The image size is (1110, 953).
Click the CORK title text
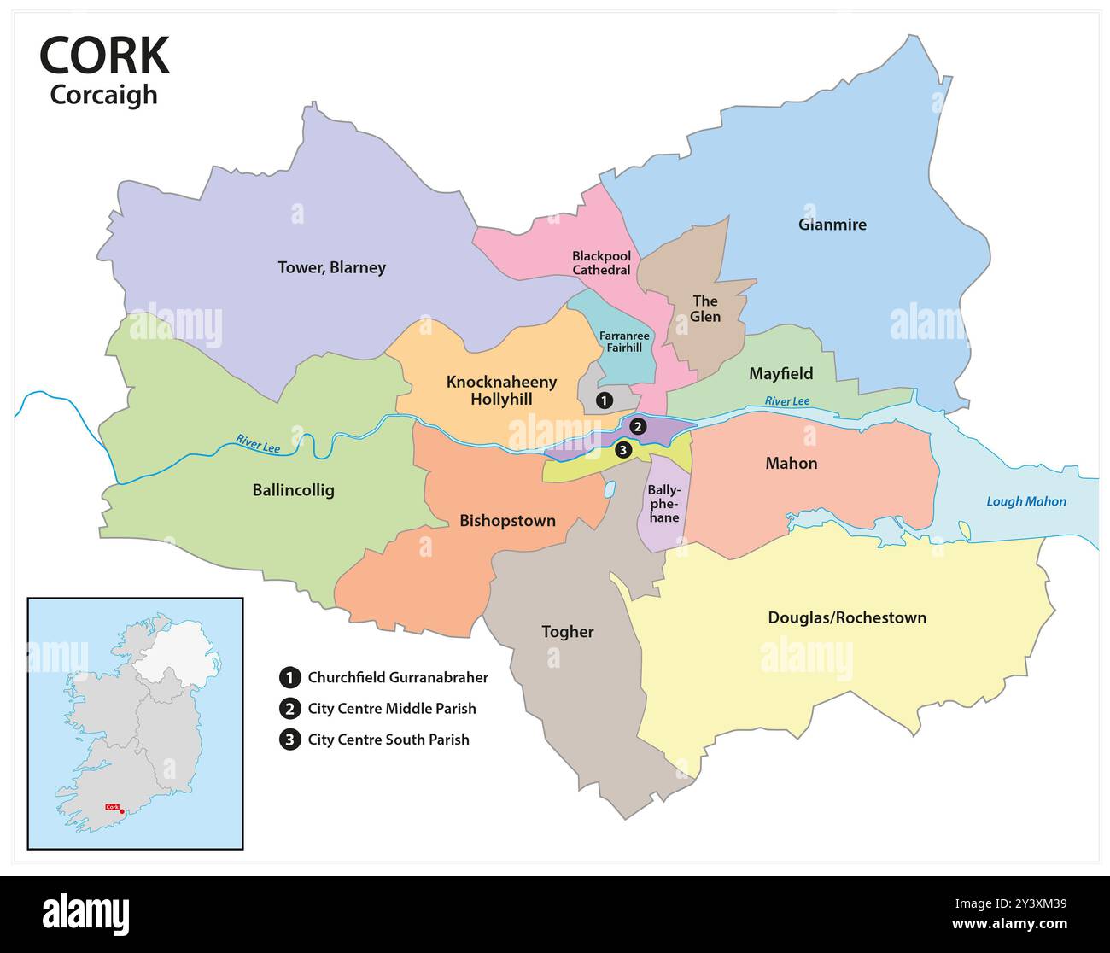pos(104,56)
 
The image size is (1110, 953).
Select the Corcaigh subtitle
pos(103,94)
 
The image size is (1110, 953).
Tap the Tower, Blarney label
pos(331,267)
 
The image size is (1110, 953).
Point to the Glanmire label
pos(832,225)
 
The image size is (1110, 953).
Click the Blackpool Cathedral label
pos(601,263)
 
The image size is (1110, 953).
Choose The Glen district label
pos(705,308)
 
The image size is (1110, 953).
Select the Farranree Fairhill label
pos(624,342)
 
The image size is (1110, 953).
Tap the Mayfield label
pos(780,373)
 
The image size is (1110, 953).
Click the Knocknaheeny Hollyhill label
pos(501,390)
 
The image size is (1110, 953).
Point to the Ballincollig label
pos(293,490)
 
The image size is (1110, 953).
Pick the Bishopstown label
pos(507,521)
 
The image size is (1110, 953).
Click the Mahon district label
pos(791,463)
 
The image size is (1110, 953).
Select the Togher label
pos(567,632)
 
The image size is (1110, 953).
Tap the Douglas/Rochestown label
pos(846,617)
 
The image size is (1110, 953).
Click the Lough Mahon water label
pos(1025,501)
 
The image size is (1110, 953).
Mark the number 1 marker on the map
pos(604,400)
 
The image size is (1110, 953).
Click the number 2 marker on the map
pos(638,427)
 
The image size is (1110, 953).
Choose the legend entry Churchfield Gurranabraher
pos(397,677)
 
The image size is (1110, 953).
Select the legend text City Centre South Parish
pos(388,740)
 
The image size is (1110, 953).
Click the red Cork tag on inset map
pos(111,807)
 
